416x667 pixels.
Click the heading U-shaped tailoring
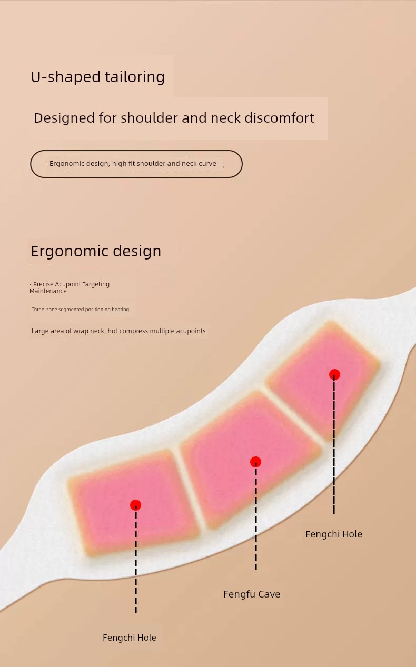97,77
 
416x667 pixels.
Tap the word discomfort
279,118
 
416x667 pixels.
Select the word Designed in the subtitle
64,118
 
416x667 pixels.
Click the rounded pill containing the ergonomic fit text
136,164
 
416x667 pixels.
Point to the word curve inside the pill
207,164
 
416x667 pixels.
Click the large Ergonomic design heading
96,251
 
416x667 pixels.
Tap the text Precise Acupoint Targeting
71,284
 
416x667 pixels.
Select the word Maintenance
48,291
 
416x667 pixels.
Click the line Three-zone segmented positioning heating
80,310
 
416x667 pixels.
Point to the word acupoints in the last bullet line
190,331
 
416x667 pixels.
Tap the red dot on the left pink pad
135,505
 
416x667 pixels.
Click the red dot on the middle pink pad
255,462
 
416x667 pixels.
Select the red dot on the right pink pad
334,374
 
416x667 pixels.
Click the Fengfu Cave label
252,594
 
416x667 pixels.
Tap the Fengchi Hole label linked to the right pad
334,534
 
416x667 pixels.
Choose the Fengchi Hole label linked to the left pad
129,638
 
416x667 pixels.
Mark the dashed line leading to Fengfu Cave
255,516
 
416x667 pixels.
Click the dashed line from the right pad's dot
334,444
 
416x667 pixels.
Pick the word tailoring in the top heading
135,77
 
